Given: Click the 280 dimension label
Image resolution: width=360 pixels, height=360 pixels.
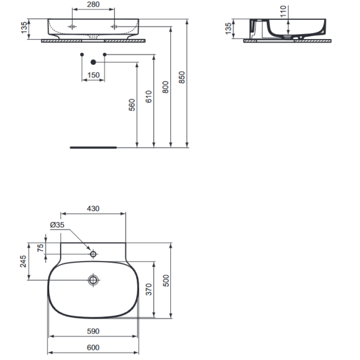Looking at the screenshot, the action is [x=93, y=4].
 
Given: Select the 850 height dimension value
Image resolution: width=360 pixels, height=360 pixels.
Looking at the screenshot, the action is [x=182, y=77].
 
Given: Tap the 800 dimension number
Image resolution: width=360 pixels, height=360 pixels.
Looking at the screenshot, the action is [x=166, y=87].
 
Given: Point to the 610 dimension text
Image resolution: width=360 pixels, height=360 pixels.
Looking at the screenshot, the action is [x=149, y=97].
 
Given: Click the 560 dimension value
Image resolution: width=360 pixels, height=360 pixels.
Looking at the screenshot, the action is [x=132, y=105].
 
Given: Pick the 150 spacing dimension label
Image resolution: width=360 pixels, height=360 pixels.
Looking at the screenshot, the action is [x=94, y=75].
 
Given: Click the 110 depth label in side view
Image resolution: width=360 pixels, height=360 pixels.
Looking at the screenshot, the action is [x=283, y=11].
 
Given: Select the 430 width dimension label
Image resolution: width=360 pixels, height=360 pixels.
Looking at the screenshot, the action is [x=93, y=208].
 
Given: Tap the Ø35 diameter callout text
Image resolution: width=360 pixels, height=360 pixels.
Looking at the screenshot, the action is [x=57, y=225].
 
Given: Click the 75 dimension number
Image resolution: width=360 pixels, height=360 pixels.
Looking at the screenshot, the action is [x=40, y=248].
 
